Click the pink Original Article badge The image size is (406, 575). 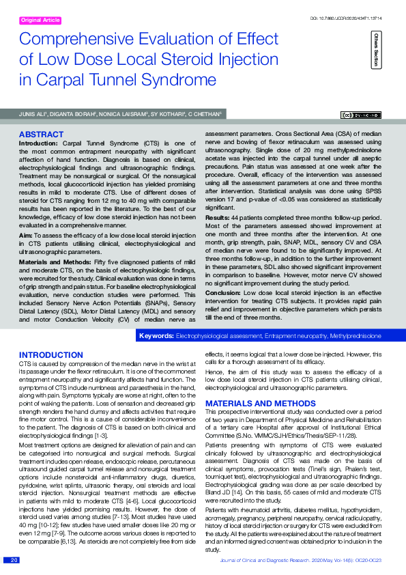(x=41, y=20)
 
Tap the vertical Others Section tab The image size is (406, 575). (x=375, y=50)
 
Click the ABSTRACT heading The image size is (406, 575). (x=41, y=135)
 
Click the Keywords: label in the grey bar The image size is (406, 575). (x=156, y=337)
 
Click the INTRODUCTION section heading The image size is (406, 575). (x=51, y=355)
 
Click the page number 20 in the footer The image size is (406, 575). (x=13, y=560)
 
